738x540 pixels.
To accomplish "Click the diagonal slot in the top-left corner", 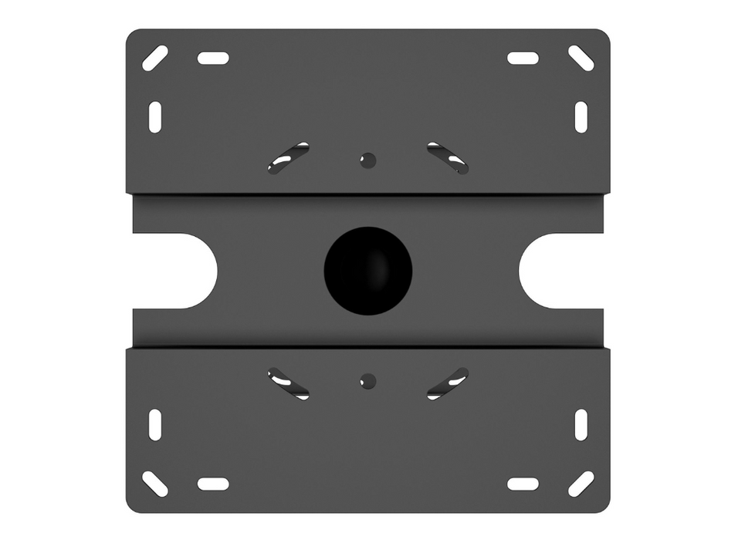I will click(x=155, y=58).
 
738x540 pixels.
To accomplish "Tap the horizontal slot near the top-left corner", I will click(x=213, y=58).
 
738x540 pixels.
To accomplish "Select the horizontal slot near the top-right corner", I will click(x=523, y=58).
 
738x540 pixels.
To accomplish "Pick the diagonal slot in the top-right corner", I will click(x=581, y=58).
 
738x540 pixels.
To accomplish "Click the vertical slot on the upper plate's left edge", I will click(x=155, y=116).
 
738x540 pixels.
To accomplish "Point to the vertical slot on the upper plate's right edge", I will click(x=581, y=116).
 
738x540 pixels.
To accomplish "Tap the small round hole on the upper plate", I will click(x=368, y=160).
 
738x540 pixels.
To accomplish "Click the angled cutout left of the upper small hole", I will click(x=289, y=158).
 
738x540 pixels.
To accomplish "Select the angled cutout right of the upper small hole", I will click(x=448, y=158).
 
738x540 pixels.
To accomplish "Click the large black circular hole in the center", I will click(x=368, y=270).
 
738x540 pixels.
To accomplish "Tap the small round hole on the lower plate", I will click(x=368, y=380).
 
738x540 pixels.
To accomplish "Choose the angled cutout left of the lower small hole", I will click(x=289, y=383).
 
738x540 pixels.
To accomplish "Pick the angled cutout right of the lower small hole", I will click(x=448, y=383).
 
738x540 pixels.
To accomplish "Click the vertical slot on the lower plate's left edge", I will click(x=155, y=425).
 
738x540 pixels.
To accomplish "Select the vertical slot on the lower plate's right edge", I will click(x=581, y=425).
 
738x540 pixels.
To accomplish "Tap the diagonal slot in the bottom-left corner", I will click(x=155, y=484).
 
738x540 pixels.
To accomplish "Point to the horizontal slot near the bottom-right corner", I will click(x=523, y=484).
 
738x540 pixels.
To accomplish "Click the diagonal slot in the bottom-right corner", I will click(x=581, y=484).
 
